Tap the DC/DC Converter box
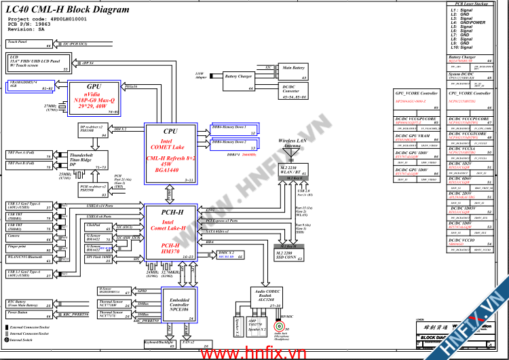coord(293,91)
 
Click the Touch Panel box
coord(30,44)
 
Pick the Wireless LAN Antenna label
coord(293,143)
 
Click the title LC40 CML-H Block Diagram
coord(67,10)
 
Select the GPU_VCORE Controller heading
coord(415,93)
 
